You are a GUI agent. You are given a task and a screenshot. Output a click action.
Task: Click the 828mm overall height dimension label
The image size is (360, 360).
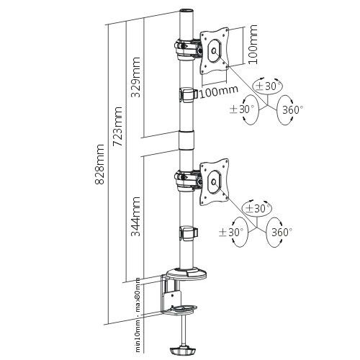[x=99, y=164]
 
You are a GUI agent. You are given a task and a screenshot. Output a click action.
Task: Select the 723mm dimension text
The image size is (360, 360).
[x=118, y=127]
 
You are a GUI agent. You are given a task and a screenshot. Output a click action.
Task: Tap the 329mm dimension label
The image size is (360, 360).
[x=135, y=77]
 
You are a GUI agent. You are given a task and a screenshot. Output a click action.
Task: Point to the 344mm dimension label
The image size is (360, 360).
[x=136, y=217]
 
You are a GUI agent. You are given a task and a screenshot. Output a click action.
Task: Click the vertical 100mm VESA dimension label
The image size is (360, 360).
[x=253, y=44]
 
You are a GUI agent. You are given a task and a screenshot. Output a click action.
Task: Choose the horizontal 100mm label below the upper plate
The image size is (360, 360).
[x=218, y=91]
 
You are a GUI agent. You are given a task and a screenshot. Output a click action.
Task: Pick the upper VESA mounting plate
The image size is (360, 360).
[x=215, y=51]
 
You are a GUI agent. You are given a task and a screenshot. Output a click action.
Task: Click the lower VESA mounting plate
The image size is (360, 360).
[x=214, y=182]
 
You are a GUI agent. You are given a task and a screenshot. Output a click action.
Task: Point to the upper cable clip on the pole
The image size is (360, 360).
[x=189, y=95]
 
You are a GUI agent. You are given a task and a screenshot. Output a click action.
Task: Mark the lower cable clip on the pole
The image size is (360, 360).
[x=189, y=233]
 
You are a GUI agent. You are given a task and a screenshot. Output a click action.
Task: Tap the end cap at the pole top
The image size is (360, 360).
[x=186, y=12]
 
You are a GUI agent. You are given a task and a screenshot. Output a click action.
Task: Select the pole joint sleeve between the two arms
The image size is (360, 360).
[x=186, y=140]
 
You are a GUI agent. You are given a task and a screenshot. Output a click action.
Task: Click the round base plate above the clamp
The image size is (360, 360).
[x=186, y=274]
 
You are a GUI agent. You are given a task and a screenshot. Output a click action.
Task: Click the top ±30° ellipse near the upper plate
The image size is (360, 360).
[x=269, y=86]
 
